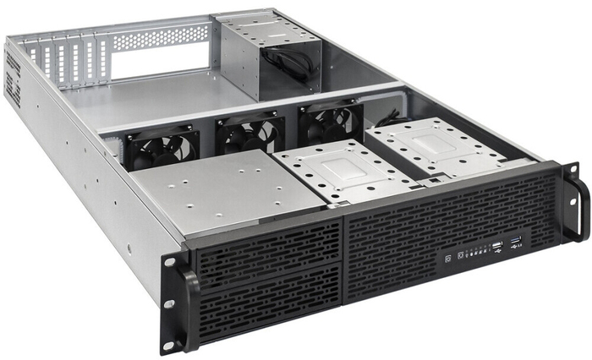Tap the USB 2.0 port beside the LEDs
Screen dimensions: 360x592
click(x=497, y=247)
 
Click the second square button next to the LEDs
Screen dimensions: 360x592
click(x=460, y=254)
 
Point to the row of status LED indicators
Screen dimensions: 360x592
click(x=478, y=251)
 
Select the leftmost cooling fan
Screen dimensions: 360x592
click(x=162, y=149)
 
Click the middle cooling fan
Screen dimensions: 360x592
click(x=249, y=134)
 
